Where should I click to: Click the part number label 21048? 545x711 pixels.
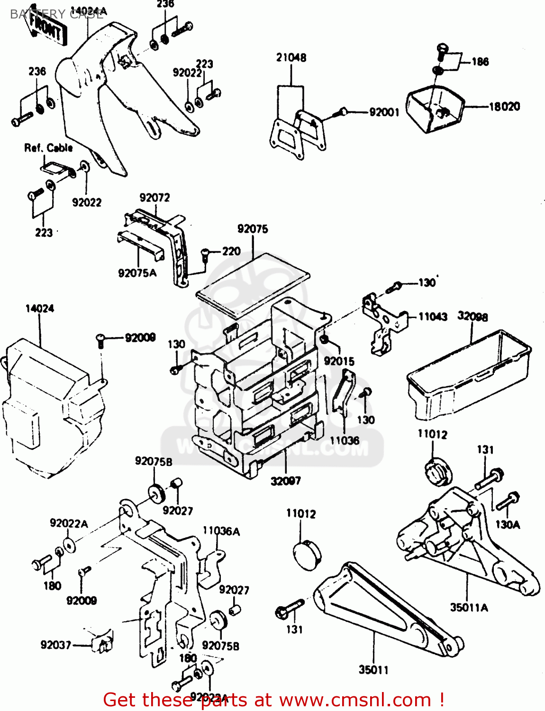(291, 58)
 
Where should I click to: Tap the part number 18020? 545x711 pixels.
(504, 107)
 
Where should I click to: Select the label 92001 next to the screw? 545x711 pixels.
(384, 112)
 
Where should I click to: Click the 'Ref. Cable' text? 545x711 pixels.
(48, 148)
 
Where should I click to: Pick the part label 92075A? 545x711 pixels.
(137, 273)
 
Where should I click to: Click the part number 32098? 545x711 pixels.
(472, 316)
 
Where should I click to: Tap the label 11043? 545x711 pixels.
(432, 316)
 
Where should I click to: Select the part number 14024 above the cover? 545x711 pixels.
(39, 309)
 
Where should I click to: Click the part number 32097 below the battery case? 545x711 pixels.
(285, 481)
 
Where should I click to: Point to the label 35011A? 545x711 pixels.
(469, 607)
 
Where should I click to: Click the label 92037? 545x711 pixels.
(55, 645)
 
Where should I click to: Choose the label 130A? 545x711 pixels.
(507, 524)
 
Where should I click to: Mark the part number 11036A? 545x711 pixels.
(221, 531)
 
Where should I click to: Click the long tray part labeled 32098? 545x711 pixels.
(469, 374)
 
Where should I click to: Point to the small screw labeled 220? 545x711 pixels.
(206, 253)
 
